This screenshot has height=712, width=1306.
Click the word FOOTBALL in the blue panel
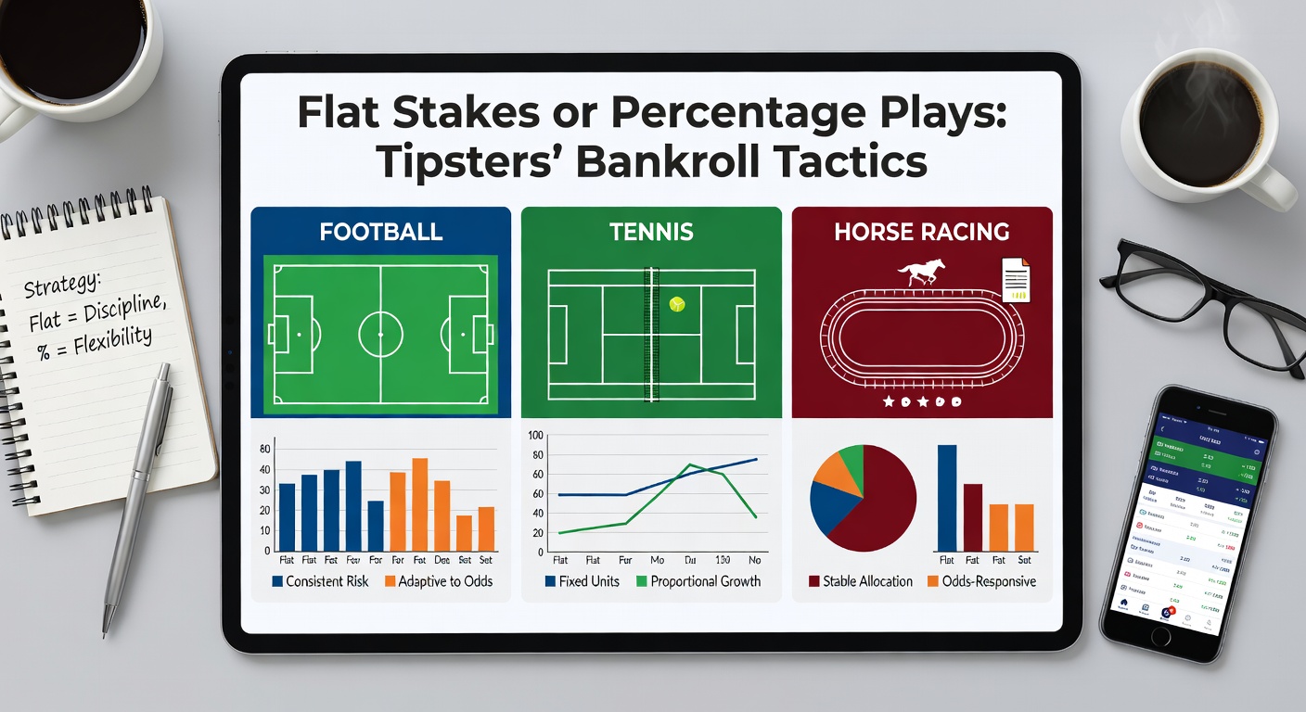point(380,231)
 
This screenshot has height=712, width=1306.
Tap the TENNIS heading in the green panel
point(651,231)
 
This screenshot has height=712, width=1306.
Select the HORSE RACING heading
point(921,231)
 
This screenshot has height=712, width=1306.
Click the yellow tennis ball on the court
point(677,303)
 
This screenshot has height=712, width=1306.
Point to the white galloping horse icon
point(921,272)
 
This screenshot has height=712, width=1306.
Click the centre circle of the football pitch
point(381,331)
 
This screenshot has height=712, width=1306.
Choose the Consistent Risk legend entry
point(320,581)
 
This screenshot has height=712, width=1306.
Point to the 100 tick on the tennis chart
point(534,435)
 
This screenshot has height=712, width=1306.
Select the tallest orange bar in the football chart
point(419,505)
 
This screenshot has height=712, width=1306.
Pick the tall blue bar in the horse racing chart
point(947,498)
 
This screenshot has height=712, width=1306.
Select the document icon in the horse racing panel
point(1017,279)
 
